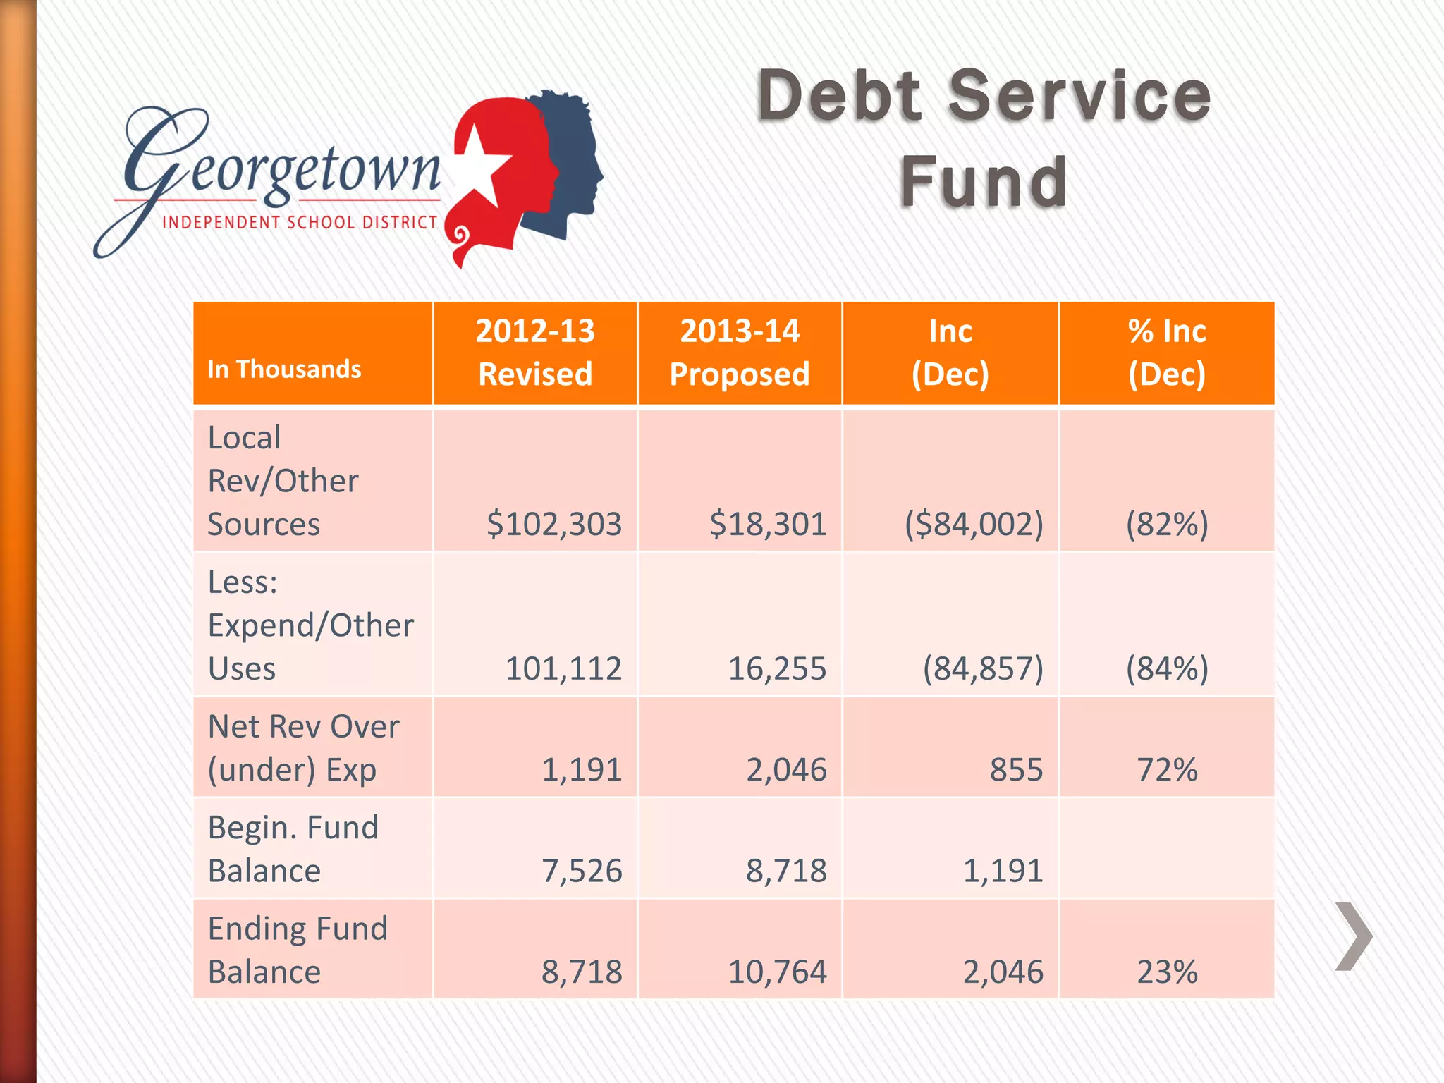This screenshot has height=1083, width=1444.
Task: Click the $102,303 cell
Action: [554, 524]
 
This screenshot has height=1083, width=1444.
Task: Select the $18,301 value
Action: [767, 524]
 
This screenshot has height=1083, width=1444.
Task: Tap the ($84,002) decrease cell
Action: [974, 524]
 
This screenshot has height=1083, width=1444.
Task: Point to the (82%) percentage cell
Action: [1167, 524]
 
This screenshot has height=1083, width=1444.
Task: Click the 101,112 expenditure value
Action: [563, 668]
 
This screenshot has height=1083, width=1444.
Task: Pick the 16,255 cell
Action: [776, 668]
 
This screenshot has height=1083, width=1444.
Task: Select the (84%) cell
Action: [1167, 668]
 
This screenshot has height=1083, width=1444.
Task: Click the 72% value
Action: [1167, 769]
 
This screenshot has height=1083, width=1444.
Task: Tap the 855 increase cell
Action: [1015, 769]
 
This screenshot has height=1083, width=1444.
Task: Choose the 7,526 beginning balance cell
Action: [582, 871]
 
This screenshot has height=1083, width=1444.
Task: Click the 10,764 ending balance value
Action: [776, 972]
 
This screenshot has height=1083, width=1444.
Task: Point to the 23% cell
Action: [1167, 972]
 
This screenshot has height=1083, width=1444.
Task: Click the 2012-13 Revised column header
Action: [535, 353]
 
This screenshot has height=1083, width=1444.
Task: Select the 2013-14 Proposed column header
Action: [740, 353]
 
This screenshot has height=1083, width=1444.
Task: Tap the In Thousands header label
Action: [284, 369]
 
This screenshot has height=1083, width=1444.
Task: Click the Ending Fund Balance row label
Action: [298, 950]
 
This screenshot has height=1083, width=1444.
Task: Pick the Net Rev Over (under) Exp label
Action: [303, 747]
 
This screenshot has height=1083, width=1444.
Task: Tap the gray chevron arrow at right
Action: [1353, 936]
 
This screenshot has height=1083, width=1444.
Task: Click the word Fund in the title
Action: [984, 182]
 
